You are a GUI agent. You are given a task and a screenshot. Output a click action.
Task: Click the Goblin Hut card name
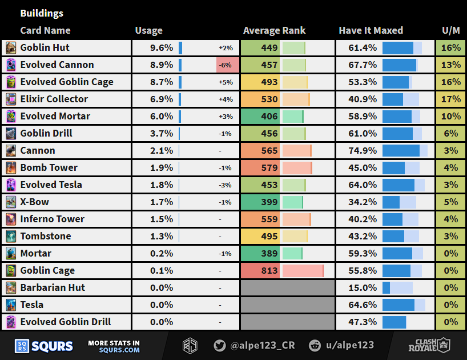[45, 47]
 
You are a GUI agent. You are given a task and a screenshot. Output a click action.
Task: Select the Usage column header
[148, 30]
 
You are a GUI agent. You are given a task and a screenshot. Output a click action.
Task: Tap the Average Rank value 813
[269, 270]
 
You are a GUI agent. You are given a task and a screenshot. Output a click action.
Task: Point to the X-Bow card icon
[11, 202]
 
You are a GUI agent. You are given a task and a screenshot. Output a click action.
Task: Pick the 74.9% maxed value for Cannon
[363, 150]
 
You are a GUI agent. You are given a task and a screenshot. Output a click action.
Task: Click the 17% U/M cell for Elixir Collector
[450, 99]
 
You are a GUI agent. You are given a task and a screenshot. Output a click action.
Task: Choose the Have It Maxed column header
[371, 30]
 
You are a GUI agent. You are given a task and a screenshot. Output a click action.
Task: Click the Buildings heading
[42, 13]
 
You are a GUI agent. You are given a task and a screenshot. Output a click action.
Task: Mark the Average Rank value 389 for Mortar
[269, 253]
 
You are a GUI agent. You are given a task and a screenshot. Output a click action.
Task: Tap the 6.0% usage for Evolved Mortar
[161, 116]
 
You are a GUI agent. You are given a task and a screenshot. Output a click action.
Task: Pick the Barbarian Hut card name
[53, 287]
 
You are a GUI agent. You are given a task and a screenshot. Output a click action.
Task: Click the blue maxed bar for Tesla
[398, 305]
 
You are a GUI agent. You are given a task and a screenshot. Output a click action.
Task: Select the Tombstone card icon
[11, 236]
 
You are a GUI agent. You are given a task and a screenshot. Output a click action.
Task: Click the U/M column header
[450, 30]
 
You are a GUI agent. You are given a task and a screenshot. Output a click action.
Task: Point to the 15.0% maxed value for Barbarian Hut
[363, 287]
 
